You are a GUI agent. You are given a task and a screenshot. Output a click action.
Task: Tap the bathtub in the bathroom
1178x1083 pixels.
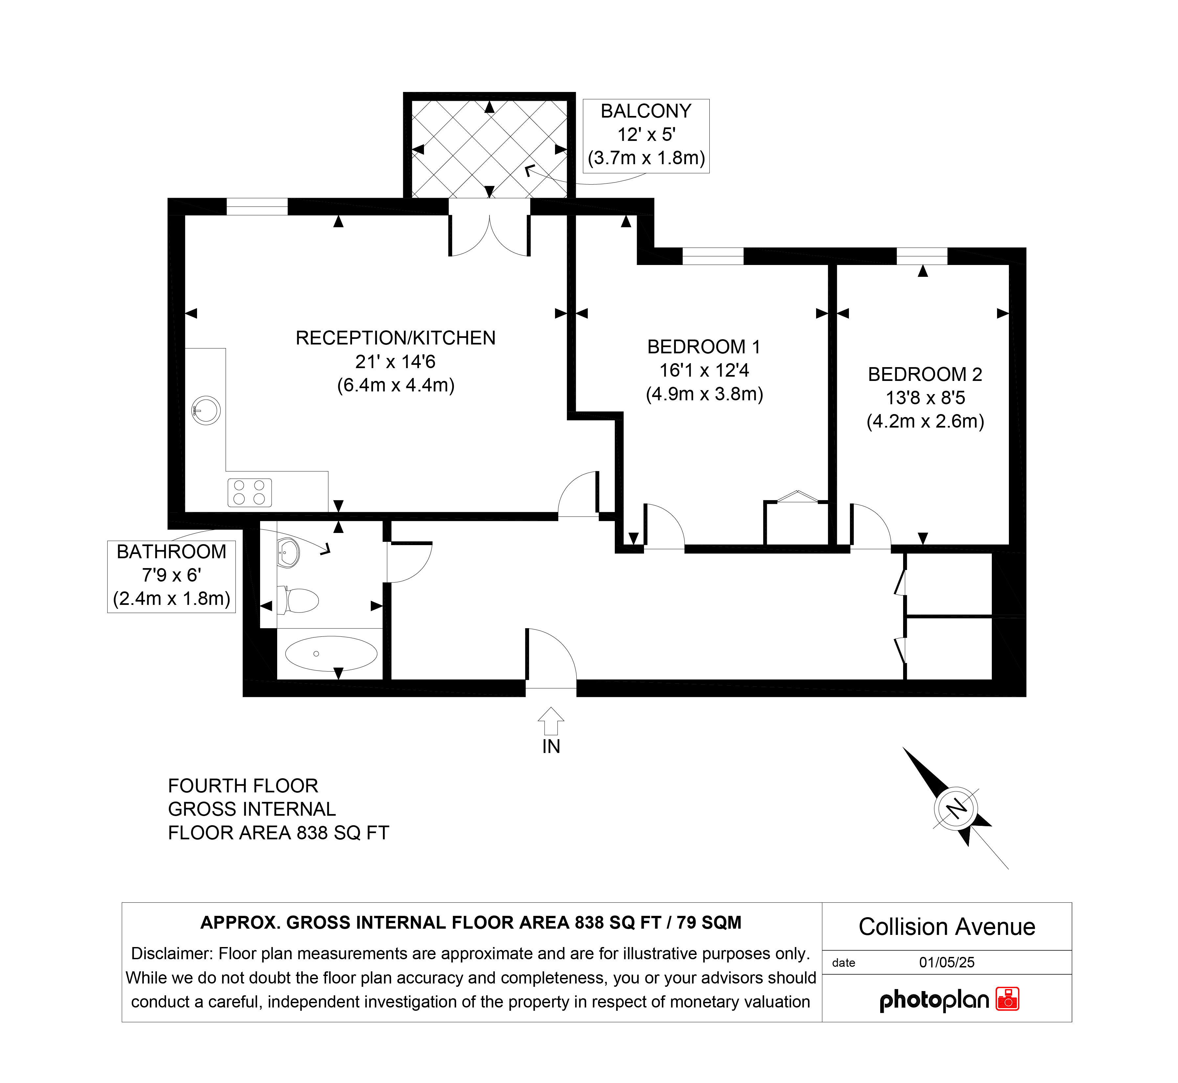pos(331,653)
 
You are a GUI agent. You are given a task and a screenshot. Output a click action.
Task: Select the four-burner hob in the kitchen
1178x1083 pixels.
pos(250,493)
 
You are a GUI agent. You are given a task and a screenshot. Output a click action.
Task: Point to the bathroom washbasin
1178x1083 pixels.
pos(288,553)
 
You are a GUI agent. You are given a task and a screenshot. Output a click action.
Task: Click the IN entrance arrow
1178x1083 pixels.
pos(551,721)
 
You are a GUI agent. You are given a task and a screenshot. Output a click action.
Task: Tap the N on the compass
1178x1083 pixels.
pos(956,809)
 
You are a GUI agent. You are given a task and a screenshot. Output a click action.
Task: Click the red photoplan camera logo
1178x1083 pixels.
pos(1008,999)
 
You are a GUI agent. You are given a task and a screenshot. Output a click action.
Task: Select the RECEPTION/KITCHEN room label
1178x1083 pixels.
pos(396,338)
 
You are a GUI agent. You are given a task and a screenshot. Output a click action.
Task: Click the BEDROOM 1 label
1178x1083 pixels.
pos(704,347)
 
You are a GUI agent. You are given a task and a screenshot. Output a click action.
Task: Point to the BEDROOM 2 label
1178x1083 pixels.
pos(925,374)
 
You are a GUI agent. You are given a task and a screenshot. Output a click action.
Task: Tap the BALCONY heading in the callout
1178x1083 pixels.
pos(646,111)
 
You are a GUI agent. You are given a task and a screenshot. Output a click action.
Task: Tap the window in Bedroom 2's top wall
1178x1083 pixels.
pos(922,256)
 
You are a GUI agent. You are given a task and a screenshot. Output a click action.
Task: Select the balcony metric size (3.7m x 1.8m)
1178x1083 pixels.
pos(646,158)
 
